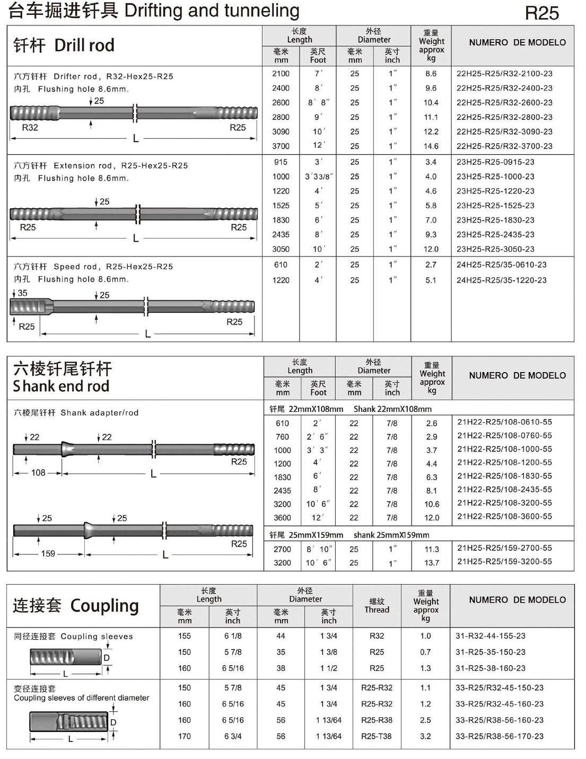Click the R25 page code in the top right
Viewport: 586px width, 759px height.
pyautogui.click(x=541, y=13)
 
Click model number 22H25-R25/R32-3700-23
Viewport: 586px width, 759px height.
pyautogui.click(x=504, y=146)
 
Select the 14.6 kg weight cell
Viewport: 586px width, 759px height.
pyautogui.click(x=431, y=146)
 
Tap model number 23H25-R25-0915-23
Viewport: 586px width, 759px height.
pyautogui.click(x=495, y=162)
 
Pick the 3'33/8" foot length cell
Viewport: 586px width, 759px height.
pyautogui.click(x=318, y=176)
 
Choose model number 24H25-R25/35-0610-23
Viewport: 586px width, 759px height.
pyautogui.click(x=501, y=264)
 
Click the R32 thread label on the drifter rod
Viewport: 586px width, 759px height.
pyautogui.click(x=30, y=127)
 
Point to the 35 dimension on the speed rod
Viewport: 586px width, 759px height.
pyautogui.click(x=22, y=293)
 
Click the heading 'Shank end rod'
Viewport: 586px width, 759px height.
pyautogui.click(x=61, y=386)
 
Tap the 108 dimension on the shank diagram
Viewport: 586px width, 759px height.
pyautogui.click(x=38, y=472)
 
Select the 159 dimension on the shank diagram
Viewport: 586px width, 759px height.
pyautogui.click(x=48, y=553)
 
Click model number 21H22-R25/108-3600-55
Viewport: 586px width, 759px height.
pyautogui.click(x=504, y=516)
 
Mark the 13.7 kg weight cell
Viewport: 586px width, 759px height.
pyautogui.click(x=432, y=563)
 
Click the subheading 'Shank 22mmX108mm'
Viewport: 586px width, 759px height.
pyautogui.click(x=392, y=409)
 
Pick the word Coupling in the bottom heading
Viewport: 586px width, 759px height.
pyautogui.click(x=104, y=605)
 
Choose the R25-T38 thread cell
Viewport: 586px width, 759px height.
pyautogui.click(x=377, y=736)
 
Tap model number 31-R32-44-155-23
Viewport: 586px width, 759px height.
pyautogui.click(x=491, y=636)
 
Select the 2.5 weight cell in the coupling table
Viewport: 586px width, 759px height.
pyautogui.click(x=425, y=720)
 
